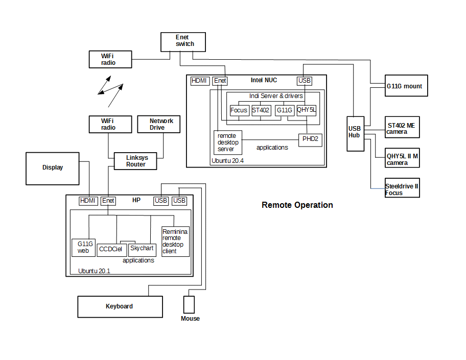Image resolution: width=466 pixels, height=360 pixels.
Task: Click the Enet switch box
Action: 183,42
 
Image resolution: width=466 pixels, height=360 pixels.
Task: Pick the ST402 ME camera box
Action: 402,127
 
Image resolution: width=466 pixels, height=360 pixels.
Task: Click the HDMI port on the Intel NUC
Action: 200,81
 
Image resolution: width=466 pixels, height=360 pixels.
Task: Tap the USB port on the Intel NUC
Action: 304,81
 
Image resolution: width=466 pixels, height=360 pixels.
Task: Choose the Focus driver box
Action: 239,110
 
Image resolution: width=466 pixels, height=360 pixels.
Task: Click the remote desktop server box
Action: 228,142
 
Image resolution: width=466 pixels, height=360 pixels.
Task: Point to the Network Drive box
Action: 159,124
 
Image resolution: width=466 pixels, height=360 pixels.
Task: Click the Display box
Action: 53,168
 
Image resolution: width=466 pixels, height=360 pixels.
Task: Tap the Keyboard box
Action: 120,306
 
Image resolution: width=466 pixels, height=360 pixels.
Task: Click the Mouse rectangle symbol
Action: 189,305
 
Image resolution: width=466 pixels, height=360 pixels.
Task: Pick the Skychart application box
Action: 142,249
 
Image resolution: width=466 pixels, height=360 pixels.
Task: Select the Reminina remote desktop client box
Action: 175,242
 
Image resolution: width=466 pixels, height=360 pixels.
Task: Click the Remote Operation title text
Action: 297,205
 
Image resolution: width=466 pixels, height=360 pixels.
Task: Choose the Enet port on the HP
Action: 108,201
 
